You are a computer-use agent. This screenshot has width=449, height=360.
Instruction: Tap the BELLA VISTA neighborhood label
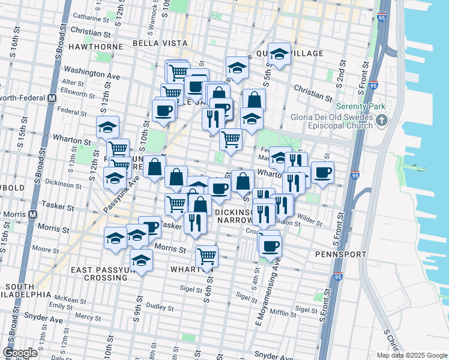click(x=155, y=44)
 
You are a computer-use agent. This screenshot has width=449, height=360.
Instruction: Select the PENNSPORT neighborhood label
click(x=340, y=254)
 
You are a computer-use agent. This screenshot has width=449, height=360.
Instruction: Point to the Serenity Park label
click(x=360, y=106)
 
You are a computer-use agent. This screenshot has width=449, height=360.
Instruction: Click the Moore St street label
click(x=46, y=247)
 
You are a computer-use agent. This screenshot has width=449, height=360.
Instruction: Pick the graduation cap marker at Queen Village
click(x=279, y=56)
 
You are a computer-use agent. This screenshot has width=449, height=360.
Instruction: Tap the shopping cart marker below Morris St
click(x=206, y=257)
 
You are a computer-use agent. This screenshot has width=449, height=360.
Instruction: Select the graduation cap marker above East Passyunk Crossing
click(x=141, y=261)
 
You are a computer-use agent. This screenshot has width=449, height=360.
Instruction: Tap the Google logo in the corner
click(x=20, y=353)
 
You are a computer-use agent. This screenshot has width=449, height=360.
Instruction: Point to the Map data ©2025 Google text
click(x=412, y=355)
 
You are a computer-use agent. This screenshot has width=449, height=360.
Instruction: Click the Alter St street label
click(x=72, y=82)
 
